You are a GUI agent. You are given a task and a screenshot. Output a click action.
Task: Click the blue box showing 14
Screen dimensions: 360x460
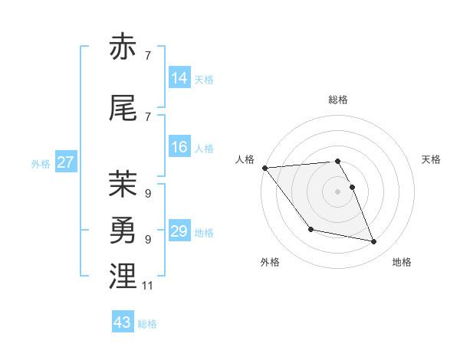click(179, 78)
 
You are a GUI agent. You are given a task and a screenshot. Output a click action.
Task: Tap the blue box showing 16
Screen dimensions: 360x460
click(179, 147)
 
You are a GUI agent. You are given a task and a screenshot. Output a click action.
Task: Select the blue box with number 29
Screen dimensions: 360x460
click(179, 231)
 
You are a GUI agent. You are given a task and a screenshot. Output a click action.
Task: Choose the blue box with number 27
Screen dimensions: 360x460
click(66, 162)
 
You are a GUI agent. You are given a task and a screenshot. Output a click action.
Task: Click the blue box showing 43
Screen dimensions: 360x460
click(123, 322)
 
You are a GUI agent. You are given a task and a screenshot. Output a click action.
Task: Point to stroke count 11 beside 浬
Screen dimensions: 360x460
click(148, 286)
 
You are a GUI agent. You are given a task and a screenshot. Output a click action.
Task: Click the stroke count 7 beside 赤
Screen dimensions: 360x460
click(147, 56)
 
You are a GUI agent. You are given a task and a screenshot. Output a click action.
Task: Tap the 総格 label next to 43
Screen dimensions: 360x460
click(147, 324)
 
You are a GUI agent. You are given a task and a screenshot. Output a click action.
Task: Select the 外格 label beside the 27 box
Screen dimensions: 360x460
click(41, 163)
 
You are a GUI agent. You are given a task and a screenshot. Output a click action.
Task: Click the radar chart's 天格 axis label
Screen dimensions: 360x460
click(431, 159)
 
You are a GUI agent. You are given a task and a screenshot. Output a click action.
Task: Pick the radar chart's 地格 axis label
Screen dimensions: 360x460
click(402, 262)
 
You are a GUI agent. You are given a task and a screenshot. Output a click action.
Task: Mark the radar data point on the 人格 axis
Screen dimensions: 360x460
click(264, 168)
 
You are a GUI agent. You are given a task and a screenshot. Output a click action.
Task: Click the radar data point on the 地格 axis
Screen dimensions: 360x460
click(374, 242)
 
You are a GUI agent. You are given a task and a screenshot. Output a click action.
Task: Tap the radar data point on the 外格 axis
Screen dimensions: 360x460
click(310, 229)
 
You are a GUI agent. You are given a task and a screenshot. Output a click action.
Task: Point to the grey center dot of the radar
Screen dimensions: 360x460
click(337, 191)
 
